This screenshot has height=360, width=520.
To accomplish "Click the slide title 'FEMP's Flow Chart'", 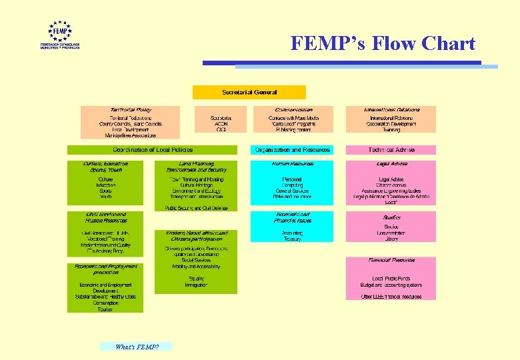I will click(x=383, y=44).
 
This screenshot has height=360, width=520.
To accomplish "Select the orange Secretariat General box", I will click(x=249, y=91).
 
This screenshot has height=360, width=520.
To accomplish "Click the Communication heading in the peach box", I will click(x=293, y=109).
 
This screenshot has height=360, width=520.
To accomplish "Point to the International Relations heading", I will click(x=391, y=109).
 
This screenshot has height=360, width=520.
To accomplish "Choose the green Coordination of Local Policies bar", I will click(x=153, y=150).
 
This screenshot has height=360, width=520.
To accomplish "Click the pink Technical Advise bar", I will click(x=391, y=150).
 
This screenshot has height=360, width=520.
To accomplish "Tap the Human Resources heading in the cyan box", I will click(x=292, y=163).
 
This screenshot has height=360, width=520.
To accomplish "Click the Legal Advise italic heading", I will click(x=391, y=163).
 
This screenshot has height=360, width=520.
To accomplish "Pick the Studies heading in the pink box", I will click(x=391, y=217).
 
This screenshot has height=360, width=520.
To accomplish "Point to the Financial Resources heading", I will click(x=391, y=260).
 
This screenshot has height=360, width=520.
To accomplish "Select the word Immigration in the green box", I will click(x=197, y=284).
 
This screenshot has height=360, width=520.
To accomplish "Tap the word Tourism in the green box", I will click(x=105, y=309).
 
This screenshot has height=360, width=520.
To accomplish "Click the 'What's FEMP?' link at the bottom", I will click(x=136, y=347).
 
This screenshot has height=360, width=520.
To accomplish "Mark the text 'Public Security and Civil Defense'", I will click(x=196, y=208).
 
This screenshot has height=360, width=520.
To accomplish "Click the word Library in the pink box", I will click(x=391, y=238).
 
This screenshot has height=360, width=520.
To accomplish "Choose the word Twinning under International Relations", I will click(x=391, y=130).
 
